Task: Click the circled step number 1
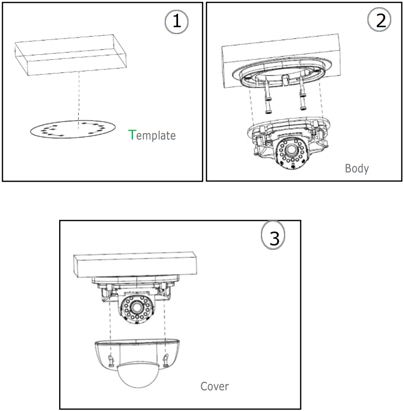coord(176,22)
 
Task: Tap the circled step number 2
coord(379,20)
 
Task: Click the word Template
coord(152,135)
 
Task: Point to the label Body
coord(356,168)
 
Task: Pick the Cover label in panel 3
coord(214,385)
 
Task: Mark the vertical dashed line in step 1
coord(78,96)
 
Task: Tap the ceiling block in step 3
coord(134,264)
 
